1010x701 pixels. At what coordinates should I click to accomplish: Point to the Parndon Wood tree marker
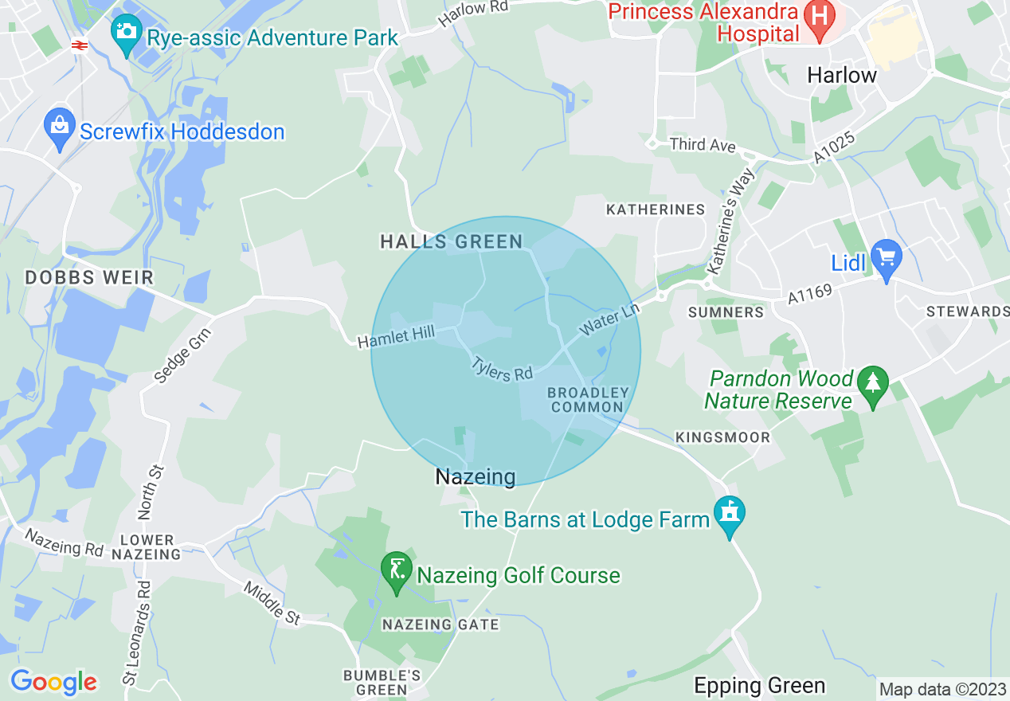(873, 386)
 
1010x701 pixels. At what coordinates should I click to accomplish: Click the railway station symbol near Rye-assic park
(78, 45)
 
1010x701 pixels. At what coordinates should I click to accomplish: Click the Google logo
(53, 682)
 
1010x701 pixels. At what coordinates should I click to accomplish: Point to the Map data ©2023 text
(942, 688)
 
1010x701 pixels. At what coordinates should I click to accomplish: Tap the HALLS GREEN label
(452, 242)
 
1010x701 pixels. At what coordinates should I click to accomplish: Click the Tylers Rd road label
(502, 368)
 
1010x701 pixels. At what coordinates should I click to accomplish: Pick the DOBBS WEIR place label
(89, 278)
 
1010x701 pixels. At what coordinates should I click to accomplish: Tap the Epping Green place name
(759, 685)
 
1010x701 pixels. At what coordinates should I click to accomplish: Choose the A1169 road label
(810, 295)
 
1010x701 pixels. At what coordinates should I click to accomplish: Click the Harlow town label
(841, 76)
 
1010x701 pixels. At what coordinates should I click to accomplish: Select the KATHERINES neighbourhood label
(656, 210)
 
